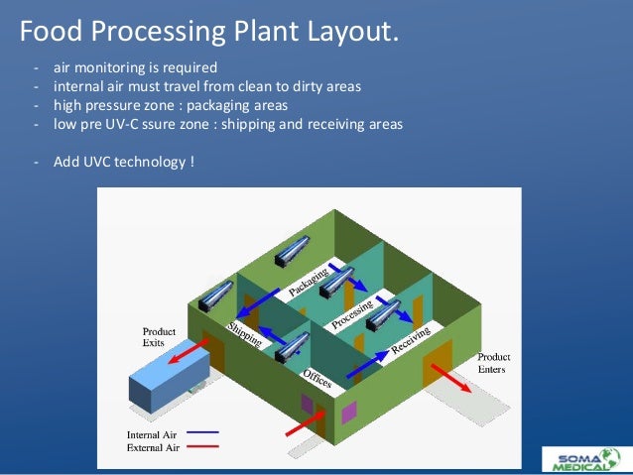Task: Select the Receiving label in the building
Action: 410,339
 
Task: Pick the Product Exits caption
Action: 159,336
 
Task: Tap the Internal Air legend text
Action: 151,433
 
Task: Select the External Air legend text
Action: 151,448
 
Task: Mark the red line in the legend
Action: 201,447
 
